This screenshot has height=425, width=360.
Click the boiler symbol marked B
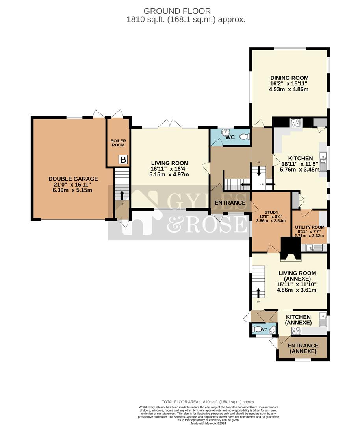(x=123, y=160)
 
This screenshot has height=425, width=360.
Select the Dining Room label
(x=289, y=83)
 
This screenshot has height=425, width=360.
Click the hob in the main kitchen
(x=296, y=123)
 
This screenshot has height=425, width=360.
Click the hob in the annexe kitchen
(x=296, y=331)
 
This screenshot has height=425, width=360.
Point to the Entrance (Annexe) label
(x=303, y=348)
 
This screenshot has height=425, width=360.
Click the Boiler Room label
(x=117, y=142)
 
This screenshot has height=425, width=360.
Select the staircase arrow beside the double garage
(x=121, y=195)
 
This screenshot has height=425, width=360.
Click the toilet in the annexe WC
(x=260, y=329)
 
